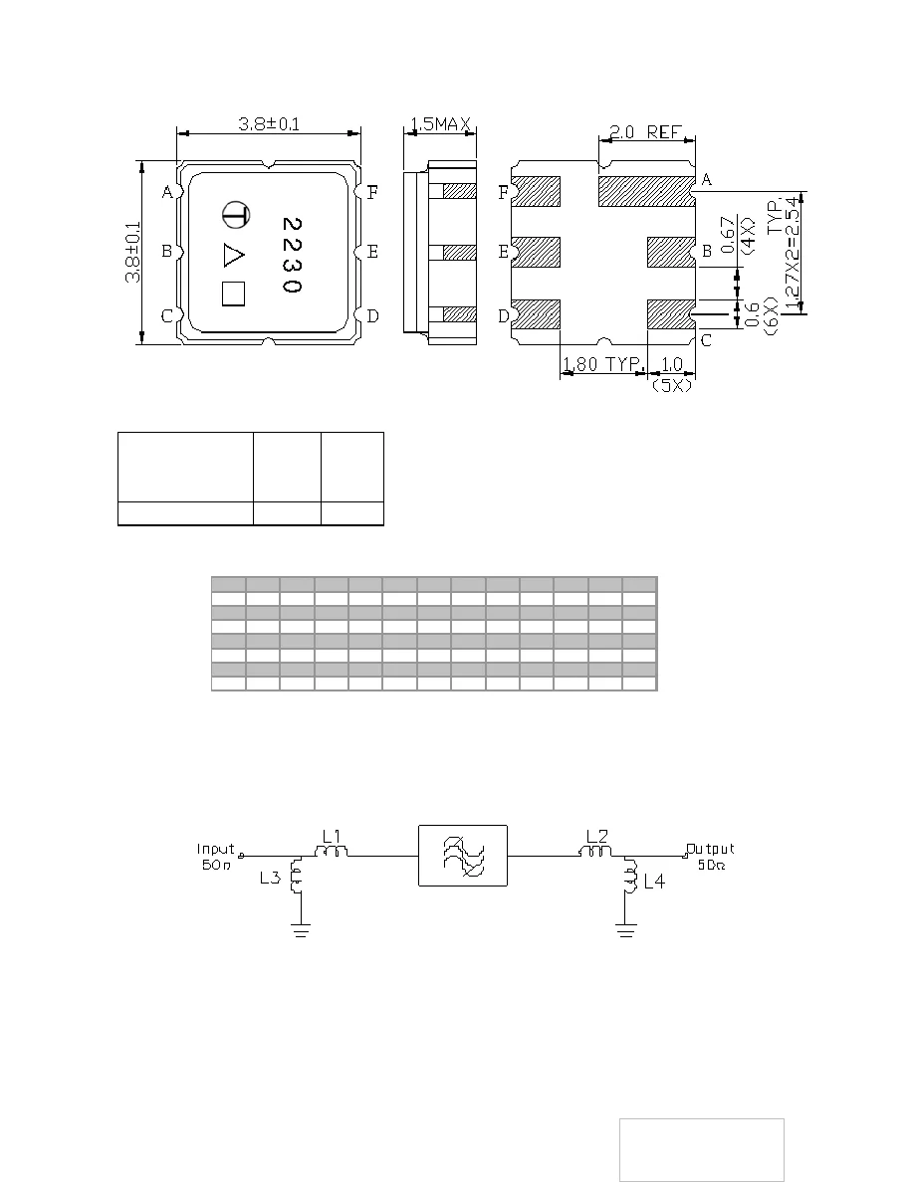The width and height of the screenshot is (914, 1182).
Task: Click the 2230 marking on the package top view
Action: [291, 254]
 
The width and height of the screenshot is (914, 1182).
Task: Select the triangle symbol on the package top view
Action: [233, 255]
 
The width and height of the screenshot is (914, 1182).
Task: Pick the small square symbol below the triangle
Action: [234, 294]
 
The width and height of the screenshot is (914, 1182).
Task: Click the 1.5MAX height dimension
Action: [439, 125]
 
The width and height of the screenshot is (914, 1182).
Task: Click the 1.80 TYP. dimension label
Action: [600, 364]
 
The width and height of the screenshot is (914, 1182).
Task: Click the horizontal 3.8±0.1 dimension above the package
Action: [268, 124]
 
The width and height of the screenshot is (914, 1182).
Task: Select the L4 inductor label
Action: [652, 881]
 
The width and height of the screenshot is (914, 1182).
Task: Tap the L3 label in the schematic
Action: [270, 879]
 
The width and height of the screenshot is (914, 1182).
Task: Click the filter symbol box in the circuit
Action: [463, 856]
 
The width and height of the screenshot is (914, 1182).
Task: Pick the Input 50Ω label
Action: [215, 856]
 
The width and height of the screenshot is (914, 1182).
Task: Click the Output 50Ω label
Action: [712, 856]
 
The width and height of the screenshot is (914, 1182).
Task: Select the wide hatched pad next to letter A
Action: [644, 189]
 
